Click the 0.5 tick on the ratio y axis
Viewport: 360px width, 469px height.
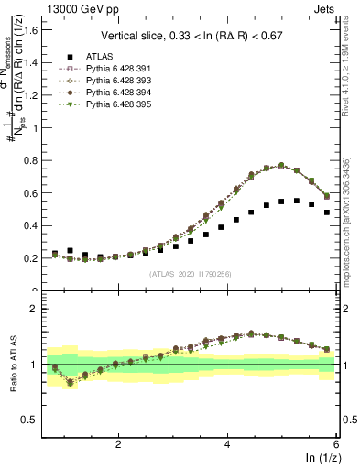tap(36, 420)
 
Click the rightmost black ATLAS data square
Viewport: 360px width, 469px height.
tap(327, 213)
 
